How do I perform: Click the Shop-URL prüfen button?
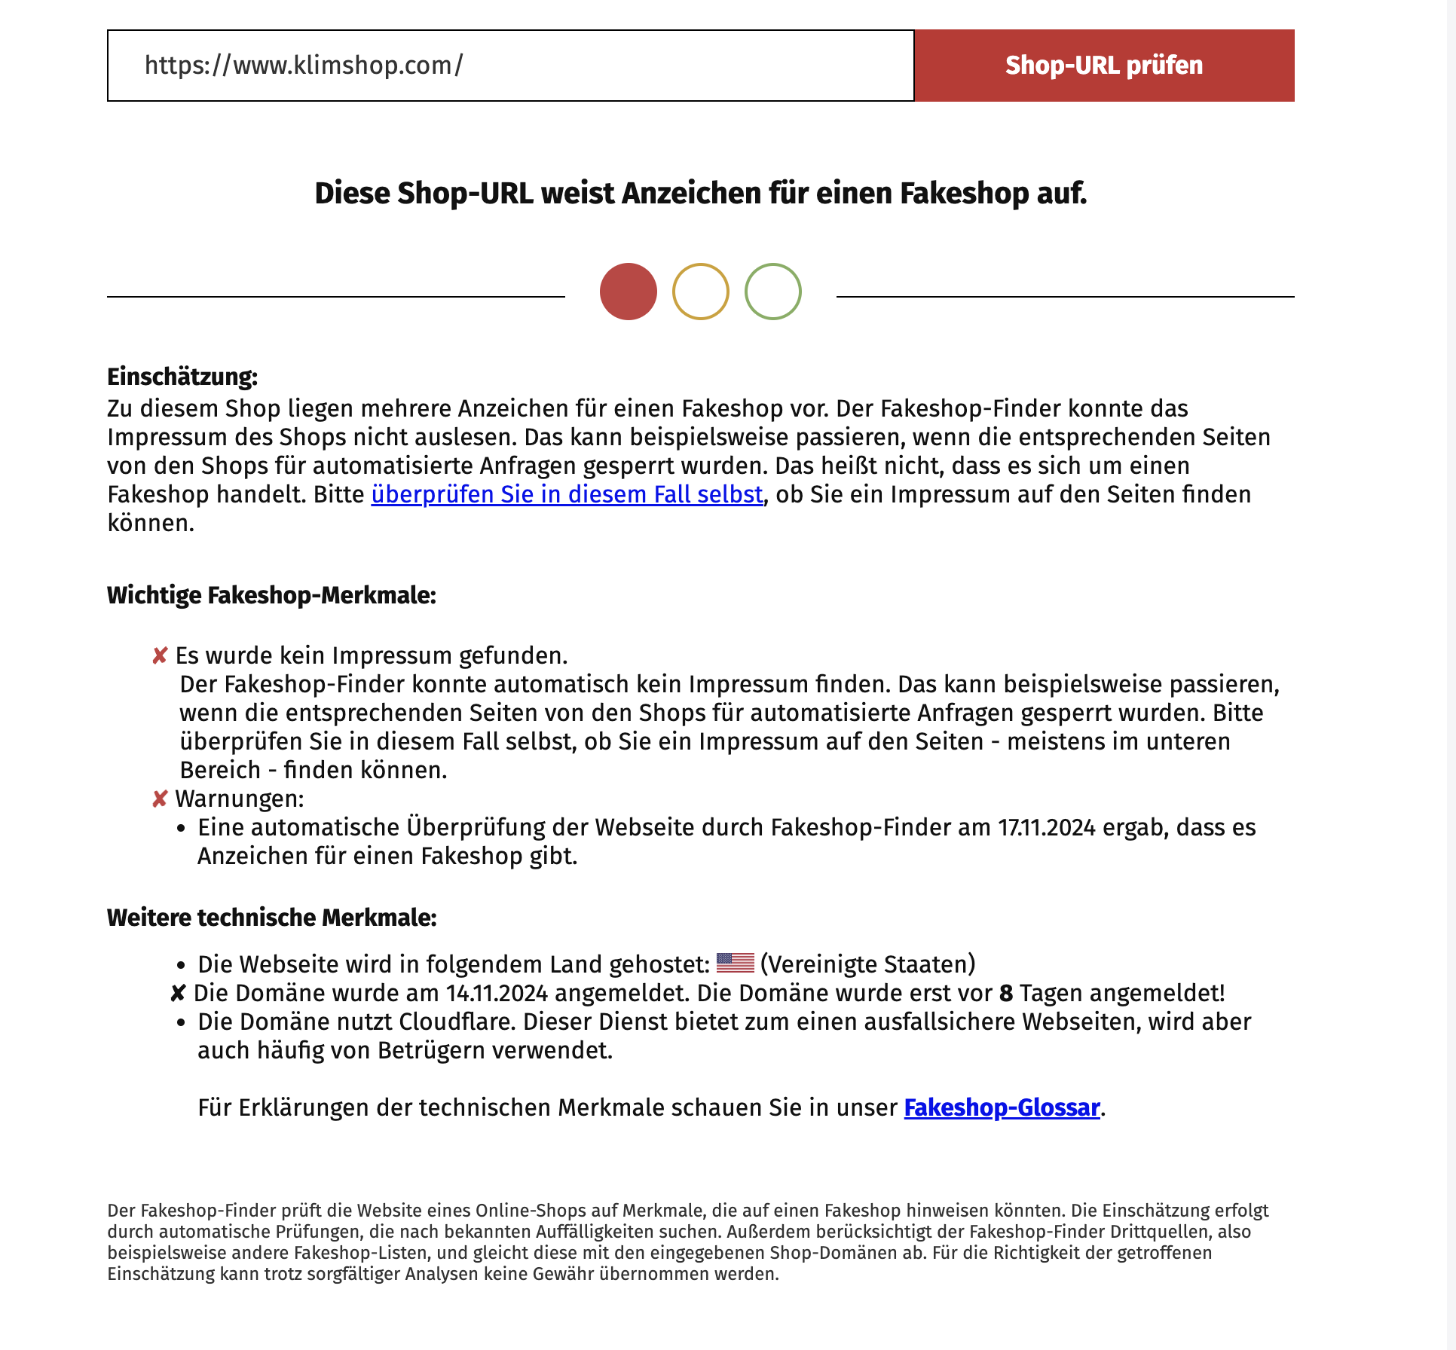[x=1104, y=66]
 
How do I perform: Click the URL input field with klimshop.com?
[x=510, y=66]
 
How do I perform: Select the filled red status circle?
[x=629, y=292]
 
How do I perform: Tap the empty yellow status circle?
[x=701, y=292]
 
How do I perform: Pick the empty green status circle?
[x=773, y=292]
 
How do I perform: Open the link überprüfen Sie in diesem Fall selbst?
[x=567, y=495]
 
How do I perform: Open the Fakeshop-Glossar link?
[x=1002, y=1108]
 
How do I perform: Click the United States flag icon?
[x=735, y=964]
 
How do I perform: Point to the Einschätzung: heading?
[x=182, y=377]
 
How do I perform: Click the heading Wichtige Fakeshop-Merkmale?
[x=271, y=595]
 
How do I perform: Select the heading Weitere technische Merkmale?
[x=271, y=918]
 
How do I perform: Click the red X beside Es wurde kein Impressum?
[x=160, y=656]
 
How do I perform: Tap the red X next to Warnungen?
[x=160, y=799]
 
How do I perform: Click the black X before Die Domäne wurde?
[x=178, y=994]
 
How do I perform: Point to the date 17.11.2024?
[x=1046, y=828]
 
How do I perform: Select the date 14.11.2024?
[x=497, y=994]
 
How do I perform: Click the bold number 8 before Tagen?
[x=1006, y=994]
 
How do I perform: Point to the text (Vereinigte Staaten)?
[x=868, y=965]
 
